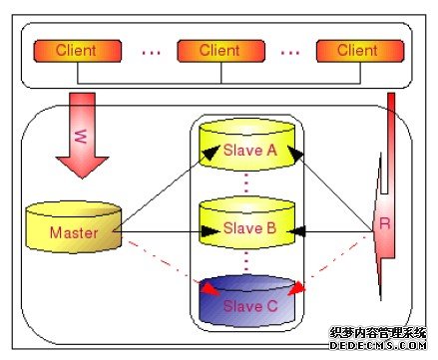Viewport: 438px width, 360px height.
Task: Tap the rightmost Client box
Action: click(357, 50)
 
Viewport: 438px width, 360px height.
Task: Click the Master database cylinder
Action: click(73, 227)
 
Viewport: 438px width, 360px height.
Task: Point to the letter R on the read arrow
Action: click(383, 223)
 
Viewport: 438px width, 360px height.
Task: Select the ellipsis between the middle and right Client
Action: click(289, 50)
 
